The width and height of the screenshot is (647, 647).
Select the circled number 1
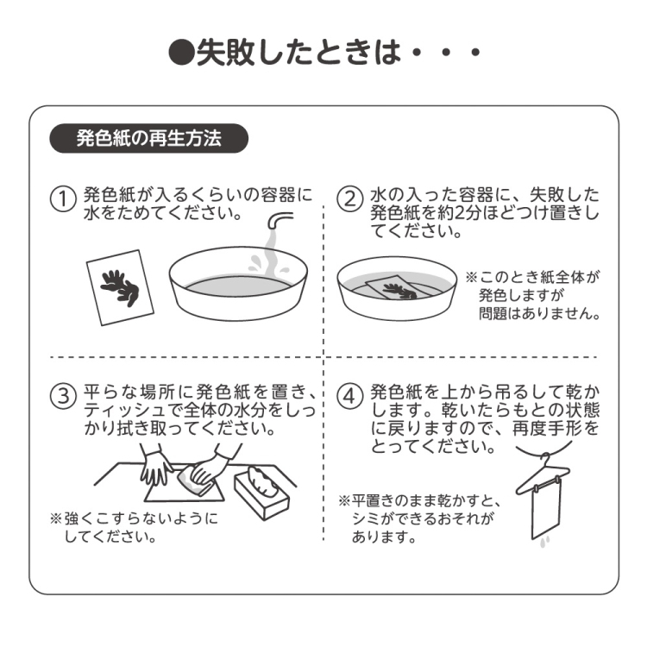pyautogui.click(x=62, y=199)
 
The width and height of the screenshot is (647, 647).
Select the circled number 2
pyautogui.click(x=349, y=199)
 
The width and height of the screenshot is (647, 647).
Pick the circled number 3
pyautogui.click(x=62, y=397)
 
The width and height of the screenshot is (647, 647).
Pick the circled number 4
pyautogui.click(x=349, y=397)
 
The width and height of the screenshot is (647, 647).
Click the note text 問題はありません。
pyautogui.click(x=539, y=312)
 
